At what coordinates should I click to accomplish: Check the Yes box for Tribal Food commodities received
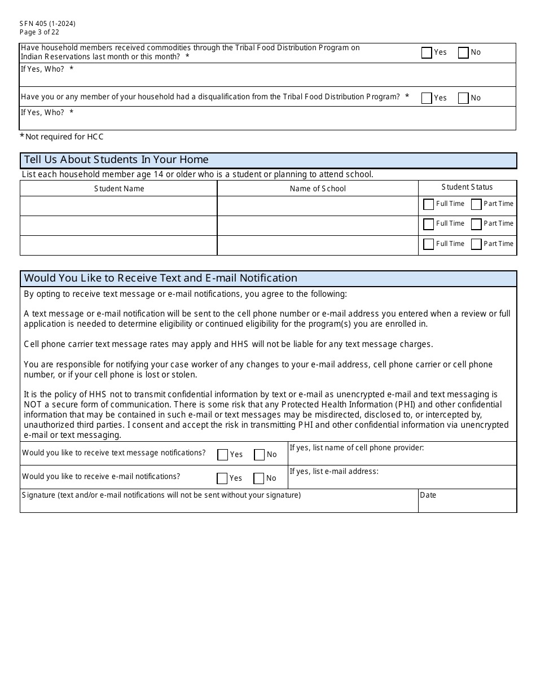click(x=427, y=52)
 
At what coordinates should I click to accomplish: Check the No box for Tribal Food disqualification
click(x=463, y=98)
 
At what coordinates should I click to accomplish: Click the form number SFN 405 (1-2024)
click(x=47, y=24)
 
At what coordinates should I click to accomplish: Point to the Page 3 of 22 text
click(x=39, y=32)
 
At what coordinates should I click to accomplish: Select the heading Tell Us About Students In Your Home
click(x=116, y=160)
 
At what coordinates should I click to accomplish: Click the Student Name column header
click(x=119, y=188)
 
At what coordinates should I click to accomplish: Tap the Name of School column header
click(x=318, y=188)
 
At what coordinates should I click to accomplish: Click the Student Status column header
click(x=467, y=187)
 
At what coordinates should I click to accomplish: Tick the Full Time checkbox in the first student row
click(x=428, y=204)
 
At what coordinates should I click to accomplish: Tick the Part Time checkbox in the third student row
click(x=476, y=244)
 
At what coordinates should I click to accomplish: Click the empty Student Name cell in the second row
click(x=119, y=226)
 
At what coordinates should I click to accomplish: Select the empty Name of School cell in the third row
click(x=318, y=245)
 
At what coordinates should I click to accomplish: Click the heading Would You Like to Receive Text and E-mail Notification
click(x=161, y=278)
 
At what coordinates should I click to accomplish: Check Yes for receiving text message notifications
click(x=223, y=455)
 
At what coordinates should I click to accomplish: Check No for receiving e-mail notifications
click(x=259, y=478)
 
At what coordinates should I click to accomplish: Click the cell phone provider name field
click(x=402, y=458)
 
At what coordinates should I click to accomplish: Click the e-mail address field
click(x=402, y=481)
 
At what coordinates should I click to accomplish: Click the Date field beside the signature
click(x=467, y=504)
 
